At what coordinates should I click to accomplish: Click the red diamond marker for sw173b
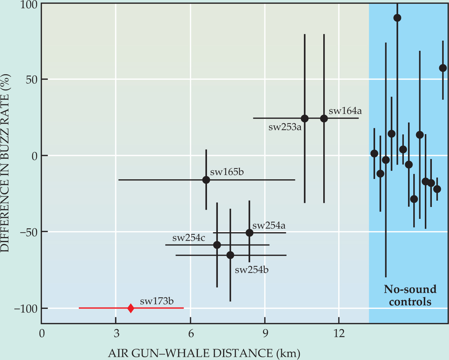coord(131,308)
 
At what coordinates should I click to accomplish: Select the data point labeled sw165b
coord(206,180)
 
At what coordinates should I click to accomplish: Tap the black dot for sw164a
coord(324,118)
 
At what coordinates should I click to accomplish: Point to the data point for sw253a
coord(305,118)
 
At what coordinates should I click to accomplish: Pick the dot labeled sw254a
coord(249,233)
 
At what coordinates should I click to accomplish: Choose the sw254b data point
coord(230,255)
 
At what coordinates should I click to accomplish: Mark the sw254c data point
coord(217,245)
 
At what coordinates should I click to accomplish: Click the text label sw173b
coord(157,301)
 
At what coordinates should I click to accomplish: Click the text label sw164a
coord(345,111)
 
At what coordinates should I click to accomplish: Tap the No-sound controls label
coord(410,295)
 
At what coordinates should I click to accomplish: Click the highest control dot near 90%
coord(397,18)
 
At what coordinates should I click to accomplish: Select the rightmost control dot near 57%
coord(443,68)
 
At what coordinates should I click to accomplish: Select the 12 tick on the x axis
coord(339,333)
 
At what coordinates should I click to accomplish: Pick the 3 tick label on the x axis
coord(116,333)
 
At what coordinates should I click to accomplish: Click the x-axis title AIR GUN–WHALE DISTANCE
coord(204,353)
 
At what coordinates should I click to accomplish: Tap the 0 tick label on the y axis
coord(35,156)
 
